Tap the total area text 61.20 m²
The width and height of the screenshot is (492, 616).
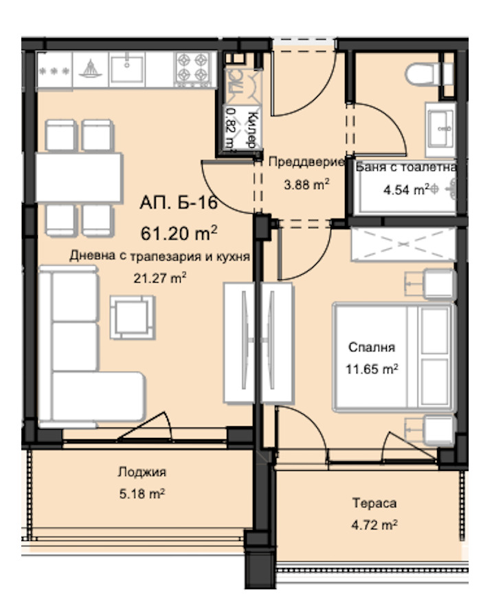pyautogui.click(x=176, y=232)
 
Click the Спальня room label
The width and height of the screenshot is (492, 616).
pyautogui.click(x=372, y=348)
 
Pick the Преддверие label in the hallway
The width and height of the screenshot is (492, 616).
pyautogui.click(x=305, y=162)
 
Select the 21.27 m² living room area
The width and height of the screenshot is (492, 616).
pyautogui.click(x=160, y=278)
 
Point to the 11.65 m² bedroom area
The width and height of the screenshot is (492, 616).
pyautogui.click(x=372, y=369)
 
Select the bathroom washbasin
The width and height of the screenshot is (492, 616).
pyautogui.click(x=440, y=127)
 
